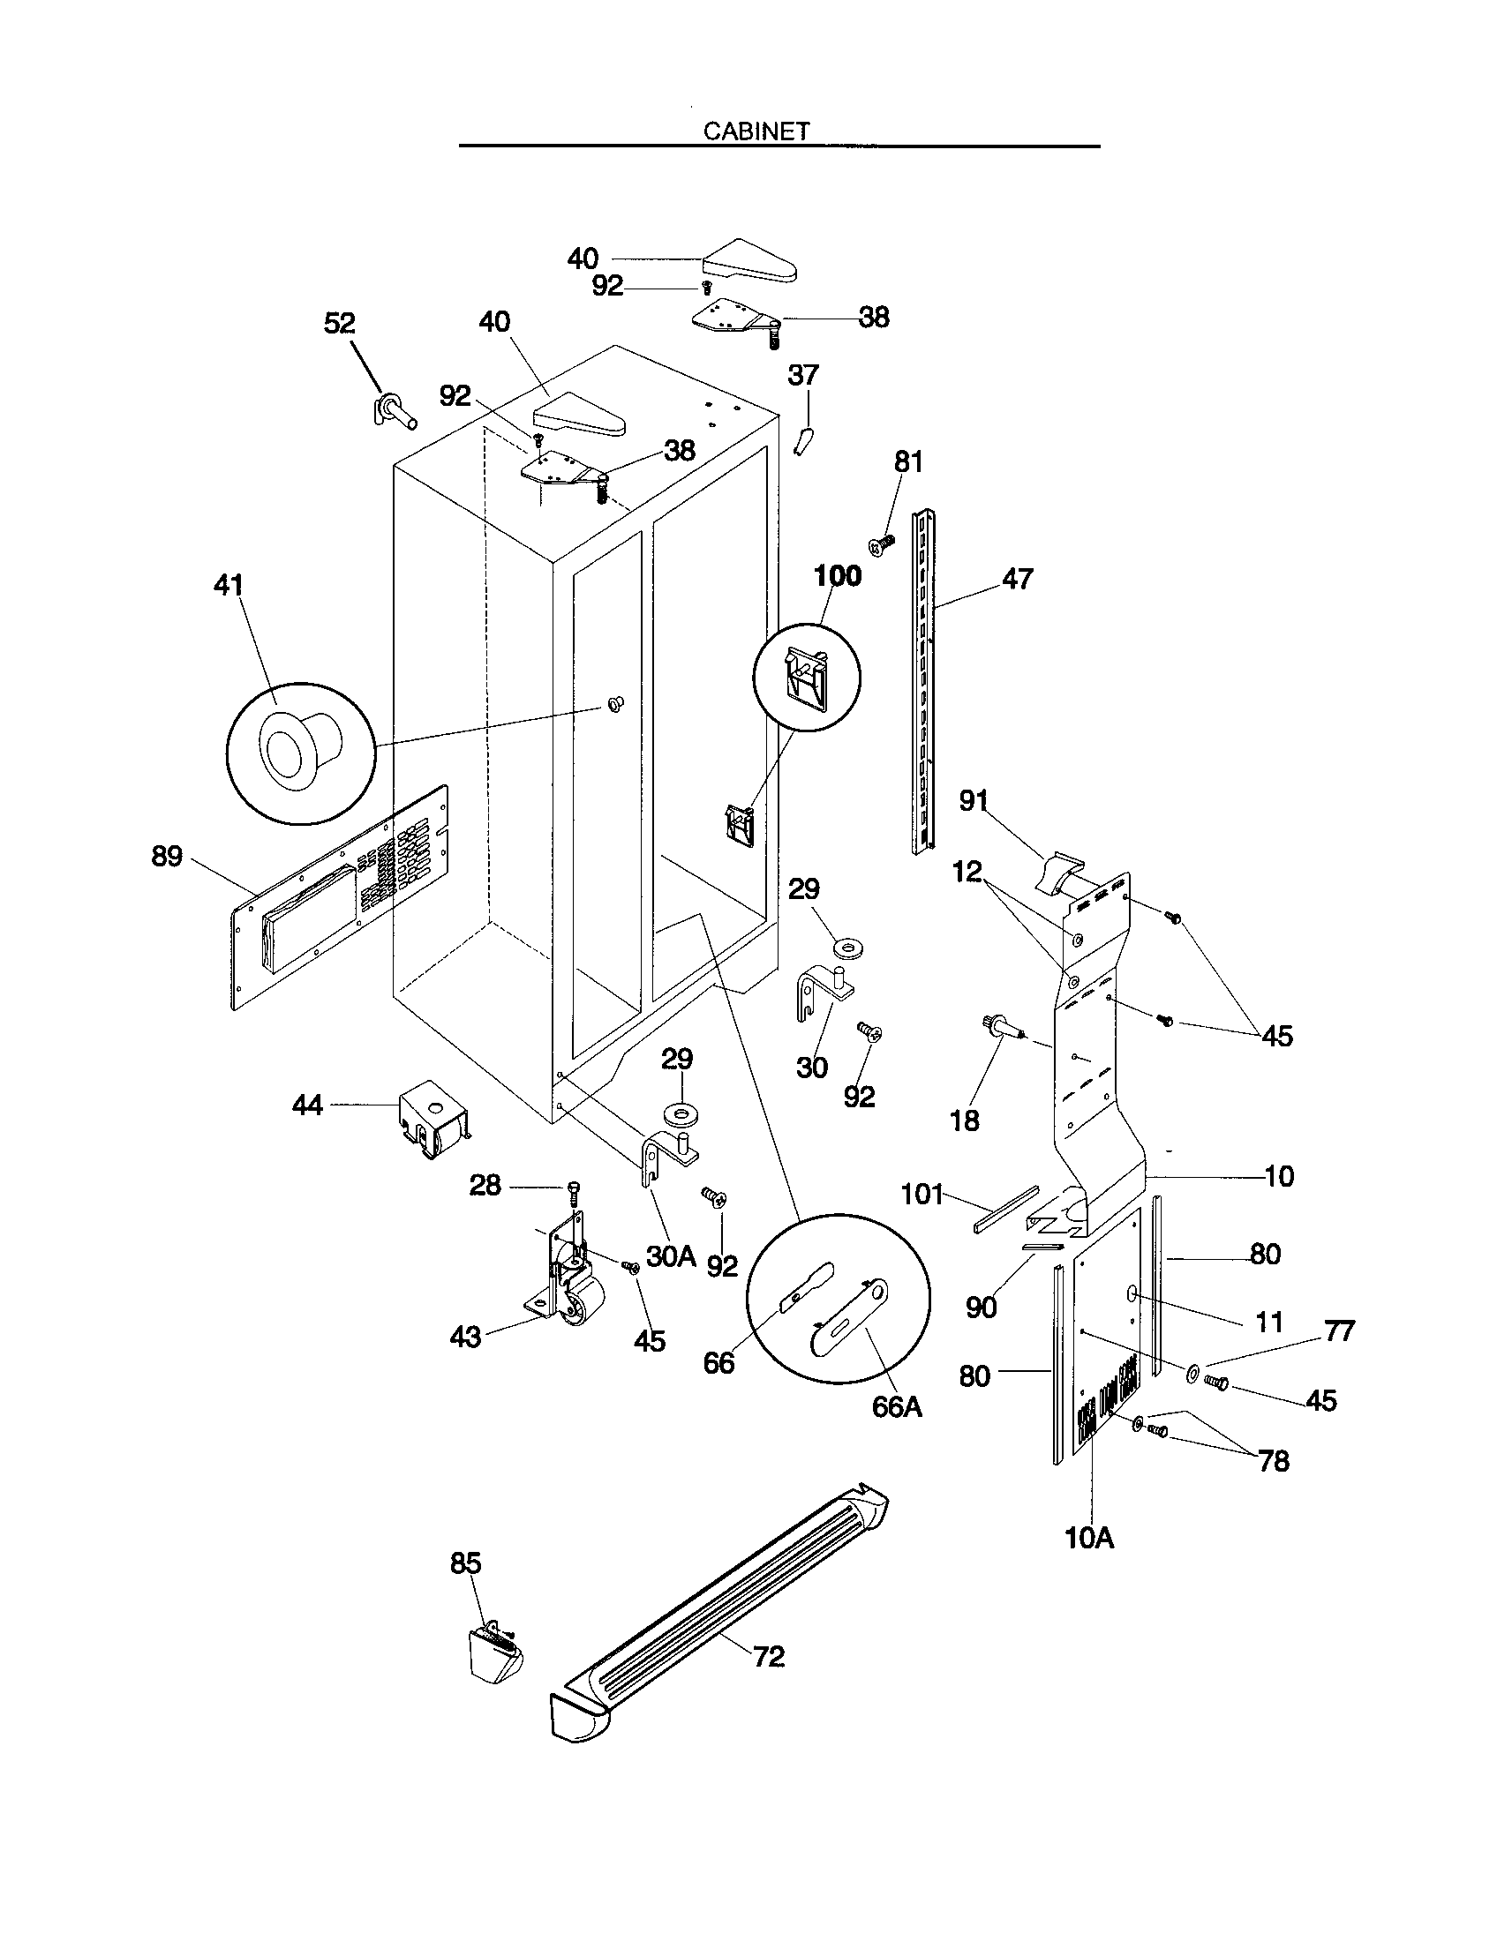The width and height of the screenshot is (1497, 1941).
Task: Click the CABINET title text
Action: point(756,131)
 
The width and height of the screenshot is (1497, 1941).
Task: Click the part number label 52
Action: point(340,324)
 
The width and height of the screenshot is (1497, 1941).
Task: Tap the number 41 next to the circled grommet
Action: point(229,586)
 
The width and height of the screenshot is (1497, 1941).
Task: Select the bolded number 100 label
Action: point(838,576)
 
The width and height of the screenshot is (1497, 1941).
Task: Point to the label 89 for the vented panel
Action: point(167,857)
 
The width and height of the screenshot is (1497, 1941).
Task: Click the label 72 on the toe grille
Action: point(769,1657)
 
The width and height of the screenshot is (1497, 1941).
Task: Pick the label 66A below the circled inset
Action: point(897,1407)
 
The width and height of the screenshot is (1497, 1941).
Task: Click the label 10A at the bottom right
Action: point(1089,1537)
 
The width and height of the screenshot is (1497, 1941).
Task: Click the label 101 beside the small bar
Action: point(922,1194)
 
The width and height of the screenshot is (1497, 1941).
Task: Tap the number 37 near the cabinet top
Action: point(802,375)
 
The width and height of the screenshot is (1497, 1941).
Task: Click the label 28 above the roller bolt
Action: point(485,1185)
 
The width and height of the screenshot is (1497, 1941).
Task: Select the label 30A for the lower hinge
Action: point(671,1255)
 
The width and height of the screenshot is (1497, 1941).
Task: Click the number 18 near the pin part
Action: point(965,1120)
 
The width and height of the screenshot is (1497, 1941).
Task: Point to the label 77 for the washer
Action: point(1339,1331)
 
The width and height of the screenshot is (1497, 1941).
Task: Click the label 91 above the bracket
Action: point(974,801)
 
